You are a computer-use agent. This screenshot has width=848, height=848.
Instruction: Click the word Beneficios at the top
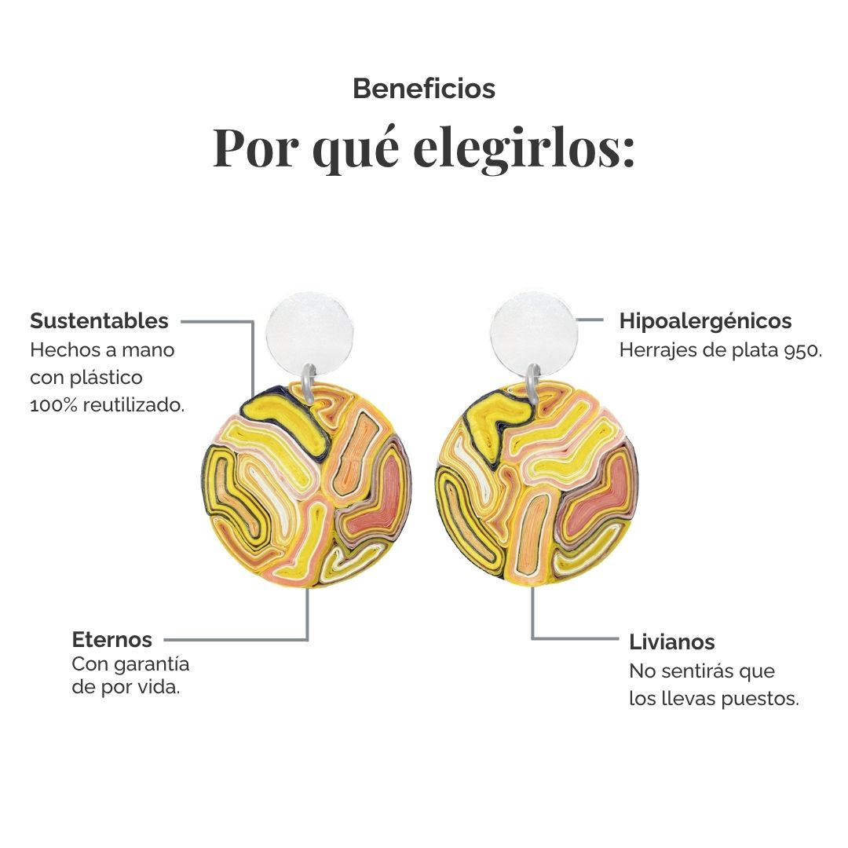424,89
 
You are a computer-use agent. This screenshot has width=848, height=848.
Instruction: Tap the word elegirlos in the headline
524,148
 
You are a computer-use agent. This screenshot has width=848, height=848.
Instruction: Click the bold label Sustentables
100,320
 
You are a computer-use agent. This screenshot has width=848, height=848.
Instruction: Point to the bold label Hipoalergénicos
705,321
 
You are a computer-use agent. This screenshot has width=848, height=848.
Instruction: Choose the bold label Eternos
112,640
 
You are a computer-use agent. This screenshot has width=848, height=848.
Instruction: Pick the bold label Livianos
671,642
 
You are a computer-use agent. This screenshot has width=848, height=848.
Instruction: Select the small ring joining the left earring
309,382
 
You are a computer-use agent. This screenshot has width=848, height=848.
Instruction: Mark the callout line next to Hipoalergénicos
590,320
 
